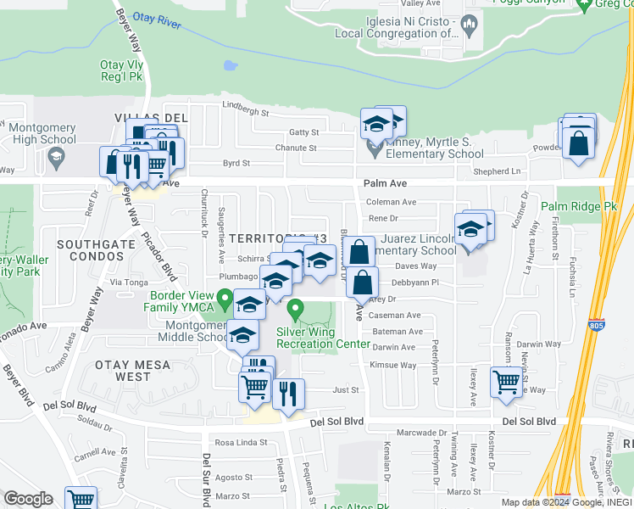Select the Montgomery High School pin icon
57,156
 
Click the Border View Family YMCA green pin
225,299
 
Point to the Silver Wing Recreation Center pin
295,309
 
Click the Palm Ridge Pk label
581,206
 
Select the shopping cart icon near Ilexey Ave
506,382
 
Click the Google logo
28,499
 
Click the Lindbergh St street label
245,113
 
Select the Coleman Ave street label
391,202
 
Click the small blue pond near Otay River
228,64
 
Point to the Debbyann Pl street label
414,282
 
